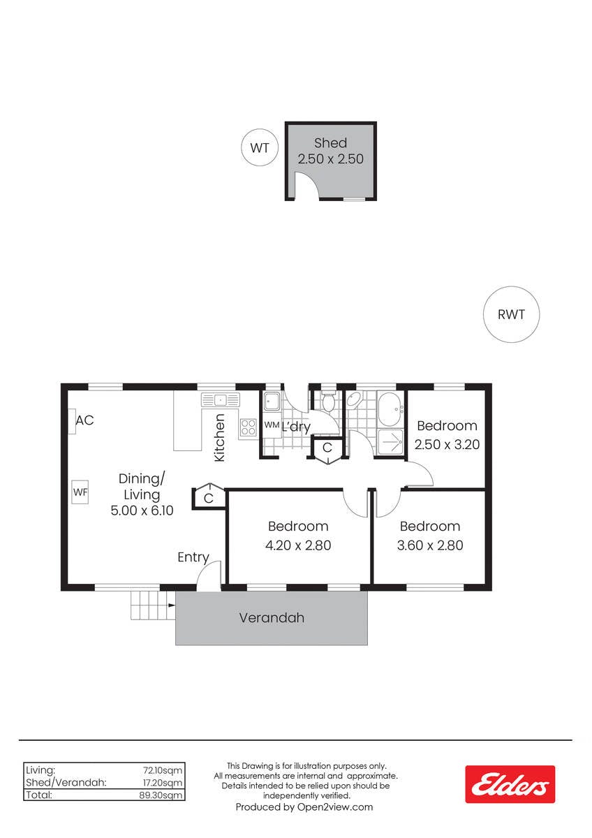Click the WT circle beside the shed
(x=260, y=148)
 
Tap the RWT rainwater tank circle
(x=511, y=314)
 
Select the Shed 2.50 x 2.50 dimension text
(x=331, y=159)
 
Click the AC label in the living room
(x=84, y=420)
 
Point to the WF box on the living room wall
(x=80, y=492)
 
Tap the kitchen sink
(x=221, y=400)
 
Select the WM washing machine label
(x=272, y=425)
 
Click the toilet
(x=328, y=402)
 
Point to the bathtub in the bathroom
(x=390, y=410)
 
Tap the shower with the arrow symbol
(x=390, y=442)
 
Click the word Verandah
(x=272, y=617)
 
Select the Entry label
(x=193, y=557)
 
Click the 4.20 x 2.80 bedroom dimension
(x=298, y=545)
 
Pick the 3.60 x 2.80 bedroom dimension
(x=430, y=545)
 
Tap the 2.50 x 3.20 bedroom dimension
(x=447, y=444)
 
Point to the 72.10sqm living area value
(x=163, y=770)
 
